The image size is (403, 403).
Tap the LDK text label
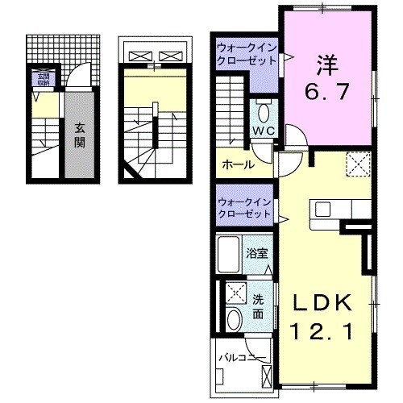click(x=322, y=302)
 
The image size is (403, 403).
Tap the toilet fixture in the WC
click(x=264, y=112)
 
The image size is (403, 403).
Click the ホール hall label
click(x=239, y=164)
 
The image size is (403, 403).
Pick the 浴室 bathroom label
click(x=258, y=251)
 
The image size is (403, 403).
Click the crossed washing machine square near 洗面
click(x=236, y=292)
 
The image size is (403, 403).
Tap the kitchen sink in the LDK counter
click(x=324, y=209)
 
